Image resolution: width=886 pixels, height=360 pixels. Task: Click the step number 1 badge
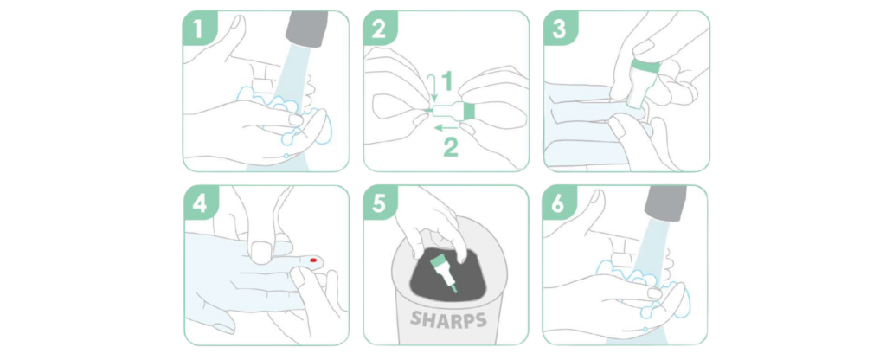pos(198,27)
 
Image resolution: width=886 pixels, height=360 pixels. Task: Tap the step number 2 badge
pos(379,27)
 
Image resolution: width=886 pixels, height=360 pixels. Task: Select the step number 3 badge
pos(560,27)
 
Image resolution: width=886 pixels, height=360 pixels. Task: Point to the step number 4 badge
pos(200,202)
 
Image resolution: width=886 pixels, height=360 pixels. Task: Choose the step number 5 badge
pos(379,202)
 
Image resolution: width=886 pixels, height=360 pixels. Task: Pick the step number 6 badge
pos(558,202)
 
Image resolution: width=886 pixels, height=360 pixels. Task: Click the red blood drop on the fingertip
pos(313,260)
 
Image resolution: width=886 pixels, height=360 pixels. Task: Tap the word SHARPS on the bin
pos(448,319)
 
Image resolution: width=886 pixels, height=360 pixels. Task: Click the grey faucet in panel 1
pos(307,29)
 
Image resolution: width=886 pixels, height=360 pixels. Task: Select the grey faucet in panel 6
pos(665,202)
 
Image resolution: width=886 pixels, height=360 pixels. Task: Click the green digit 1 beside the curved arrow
pos(446,81)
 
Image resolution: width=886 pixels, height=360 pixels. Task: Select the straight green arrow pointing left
pos(446,128)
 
